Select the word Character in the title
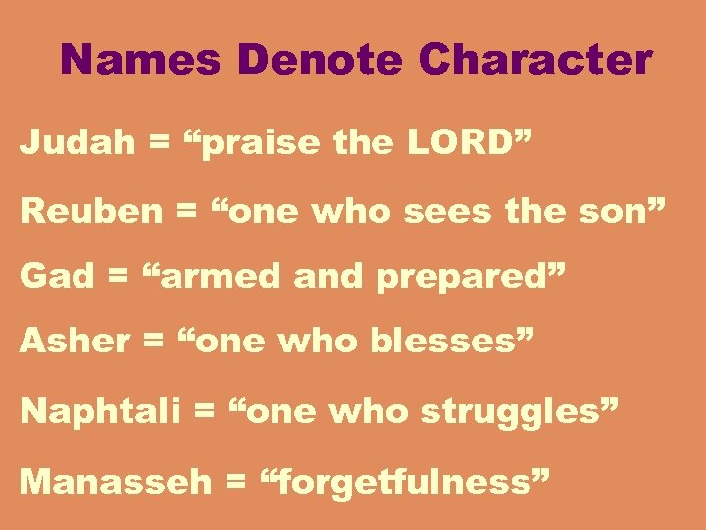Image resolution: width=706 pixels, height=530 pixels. [x=535, y=60]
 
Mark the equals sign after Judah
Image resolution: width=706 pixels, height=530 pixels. [x=157, y=144]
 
